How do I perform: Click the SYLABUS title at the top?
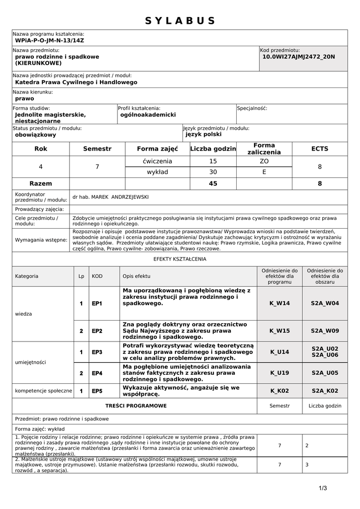click(x=180, y=20)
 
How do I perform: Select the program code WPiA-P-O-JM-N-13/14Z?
click(x=50, y=40)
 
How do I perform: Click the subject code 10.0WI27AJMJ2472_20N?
click(x=299, y=57)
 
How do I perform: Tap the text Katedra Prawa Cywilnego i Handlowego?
click(x=76, y=82)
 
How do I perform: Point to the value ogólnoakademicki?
click(x=148, y=114)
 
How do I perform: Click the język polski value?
click(x=203, y=134)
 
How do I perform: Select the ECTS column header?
click(x=320, y=149)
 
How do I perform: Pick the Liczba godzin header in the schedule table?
click(x=213, y=149)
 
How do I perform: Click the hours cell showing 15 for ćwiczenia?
click(x=213, y=161)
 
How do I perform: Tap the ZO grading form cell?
click(x=264, y=161)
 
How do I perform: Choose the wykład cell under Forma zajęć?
click(x=157, y=172)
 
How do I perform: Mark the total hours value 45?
click(x=213, y=183)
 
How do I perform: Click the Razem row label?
click(x=41, y=183)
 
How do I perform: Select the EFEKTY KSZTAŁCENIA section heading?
click(x=180, y=259)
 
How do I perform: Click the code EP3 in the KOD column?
click(x=97, y=352)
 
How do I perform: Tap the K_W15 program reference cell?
click(x=279, y=330)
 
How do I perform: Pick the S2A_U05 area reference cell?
click(x=325, y=372)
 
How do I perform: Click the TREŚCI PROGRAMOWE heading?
click(x=136, y=406)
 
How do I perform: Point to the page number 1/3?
click(x=323, y=488)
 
